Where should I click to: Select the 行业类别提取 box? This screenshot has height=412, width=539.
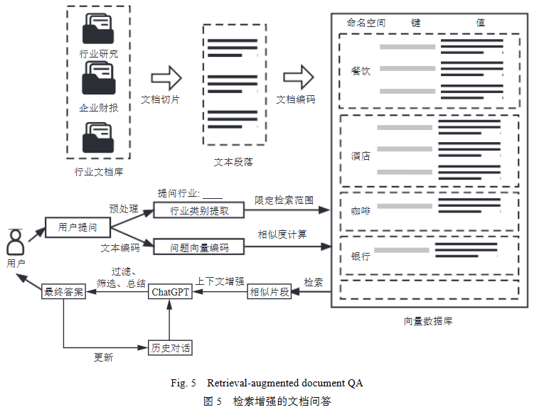pos(199,211)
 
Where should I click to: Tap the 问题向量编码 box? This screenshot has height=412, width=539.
pos(199,247)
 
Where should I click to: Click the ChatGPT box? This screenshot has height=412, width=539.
pos(171,292)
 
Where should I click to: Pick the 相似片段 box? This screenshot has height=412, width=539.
pos(269,292)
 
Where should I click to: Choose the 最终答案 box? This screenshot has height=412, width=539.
pos(64,292)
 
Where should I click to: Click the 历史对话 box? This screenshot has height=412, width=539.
pos(171,348)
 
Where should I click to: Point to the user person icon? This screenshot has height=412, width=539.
pos(15,243)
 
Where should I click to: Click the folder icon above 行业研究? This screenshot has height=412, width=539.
pos(98,30)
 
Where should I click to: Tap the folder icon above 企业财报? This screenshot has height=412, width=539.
pos(98,77)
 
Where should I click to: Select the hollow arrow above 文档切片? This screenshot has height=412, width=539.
pos(166,76)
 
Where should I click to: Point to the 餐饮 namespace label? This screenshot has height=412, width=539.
pos(361,71)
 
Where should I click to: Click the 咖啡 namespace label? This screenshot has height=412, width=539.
pos(361,210)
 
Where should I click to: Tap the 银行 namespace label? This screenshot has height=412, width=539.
pos(361,256)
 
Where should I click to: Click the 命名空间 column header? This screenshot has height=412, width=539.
pos(366,23)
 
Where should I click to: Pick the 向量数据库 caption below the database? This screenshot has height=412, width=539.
pos(428,321)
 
